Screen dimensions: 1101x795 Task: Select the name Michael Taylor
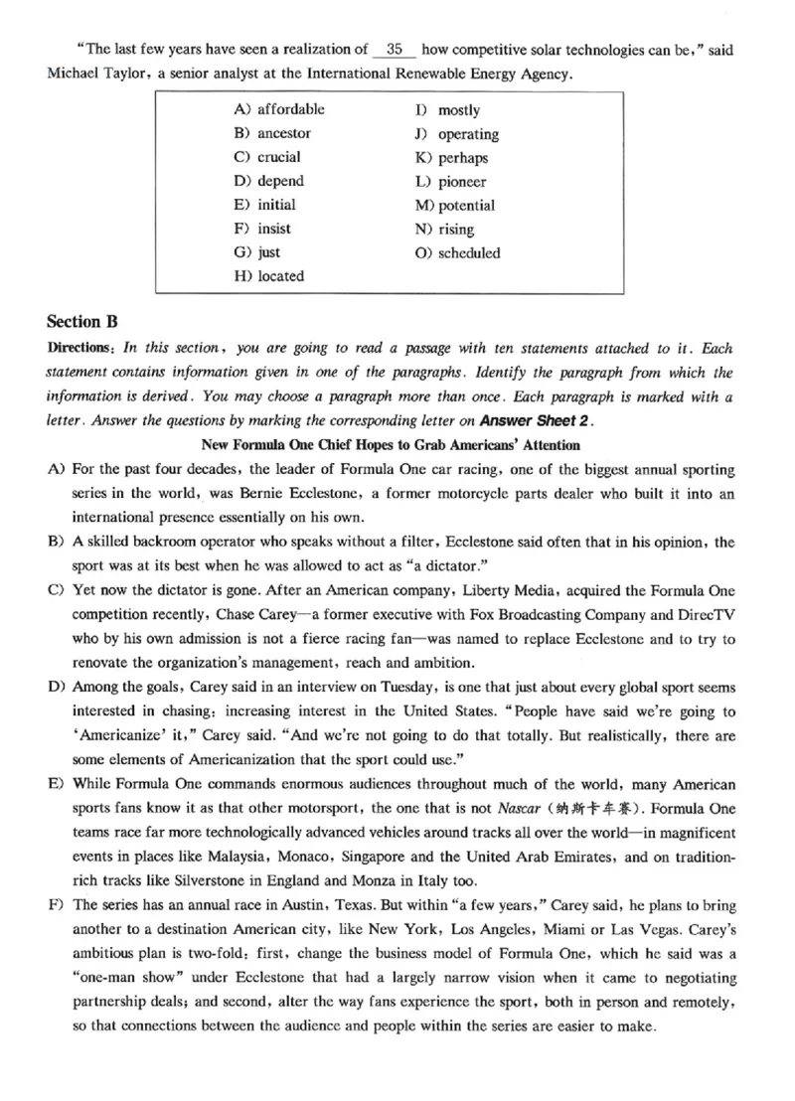(92, 74)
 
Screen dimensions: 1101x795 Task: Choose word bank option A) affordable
(279, 109)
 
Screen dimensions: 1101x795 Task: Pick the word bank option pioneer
(462, 182)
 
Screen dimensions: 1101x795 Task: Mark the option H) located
(269, 276)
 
